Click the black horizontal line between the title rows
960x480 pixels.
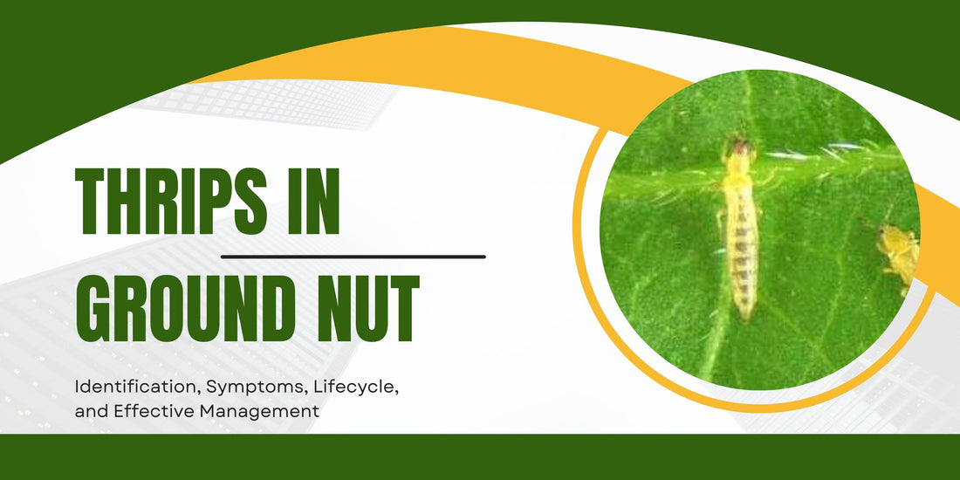pos(353,257)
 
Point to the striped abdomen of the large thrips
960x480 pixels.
pos(742,253)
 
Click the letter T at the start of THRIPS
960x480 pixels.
pos(92,202)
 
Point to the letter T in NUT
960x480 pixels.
pos(402,309)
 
